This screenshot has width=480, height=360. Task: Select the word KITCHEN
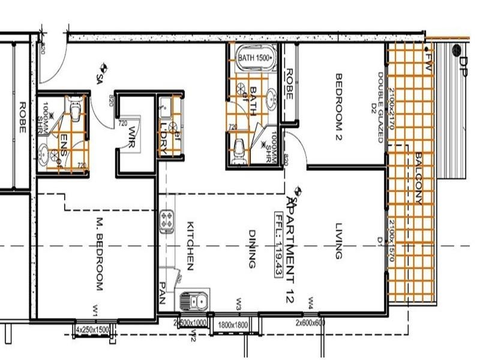click(190, 246)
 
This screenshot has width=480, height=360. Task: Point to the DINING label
click(253, 248)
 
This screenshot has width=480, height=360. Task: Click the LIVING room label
click(338, 240)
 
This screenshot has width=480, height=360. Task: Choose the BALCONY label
click(418, 178)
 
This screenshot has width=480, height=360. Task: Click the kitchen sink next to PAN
click(193, 299)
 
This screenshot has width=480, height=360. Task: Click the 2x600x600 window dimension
click(310, 323)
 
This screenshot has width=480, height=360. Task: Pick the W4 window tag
click(311, 300)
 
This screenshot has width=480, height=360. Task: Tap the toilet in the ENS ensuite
click(76, 110)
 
